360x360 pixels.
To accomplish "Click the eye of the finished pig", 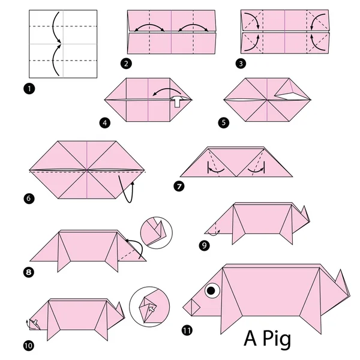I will pyautogui.click(x=212, y=292).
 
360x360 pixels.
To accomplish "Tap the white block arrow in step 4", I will pyautogui.click(x=178, y=102).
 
